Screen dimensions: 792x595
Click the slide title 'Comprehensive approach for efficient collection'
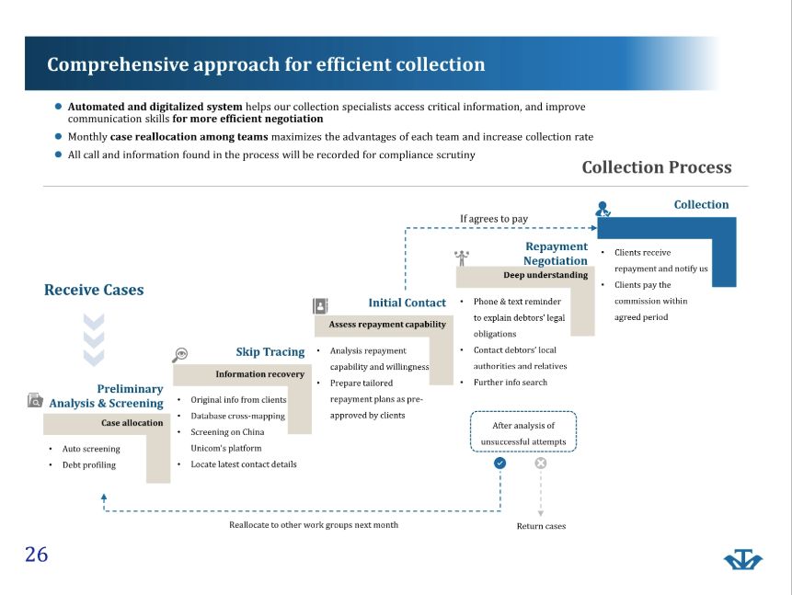(x=266, y=64)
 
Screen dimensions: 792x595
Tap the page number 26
(x=37, y=555)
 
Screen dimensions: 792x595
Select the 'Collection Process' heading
(x=657, y=167)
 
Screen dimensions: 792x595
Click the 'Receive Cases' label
(x=94, y=290)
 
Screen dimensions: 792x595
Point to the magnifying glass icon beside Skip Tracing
(x=179, y=355)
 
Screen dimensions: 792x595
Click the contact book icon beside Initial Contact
(x=320, y=305)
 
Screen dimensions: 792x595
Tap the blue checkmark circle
(x=499, y=463)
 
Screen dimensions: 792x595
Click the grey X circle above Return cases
(x=541, y=463)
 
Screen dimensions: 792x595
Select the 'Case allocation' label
(x=132, y=423)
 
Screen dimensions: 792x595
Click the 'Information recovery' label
(x=259, y=373)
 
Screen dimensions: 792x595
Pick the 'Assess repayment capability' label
(x=387, y=325)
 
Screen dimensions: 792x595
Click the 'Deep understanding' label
(x=545, y=275)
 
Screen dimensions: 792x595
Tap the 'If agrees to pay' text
(x=494, y=219)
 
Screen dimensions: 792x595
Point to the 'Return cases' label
(x=541, y=526)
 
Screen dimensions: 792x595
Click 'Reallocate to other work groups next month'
(x=314, y=525)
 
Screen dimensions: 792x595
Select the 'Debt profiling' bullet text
(x=89, y=464)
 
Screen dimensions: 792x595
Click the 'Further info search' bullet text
(x=511, y=383)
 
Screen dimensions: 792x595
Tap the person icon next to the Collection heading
(x=603, y=209)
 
